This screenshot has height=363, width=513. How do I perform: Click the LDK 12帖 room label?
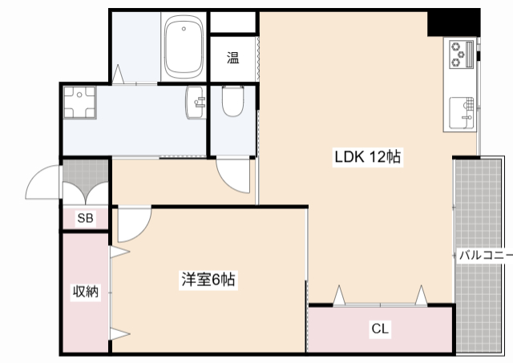click(x=366, y=158)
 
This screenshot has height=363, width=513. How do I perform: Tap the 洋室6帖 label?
click(x=208, y=280)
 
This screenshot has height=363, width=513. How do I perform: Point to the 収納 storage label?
click(x=86, y=292)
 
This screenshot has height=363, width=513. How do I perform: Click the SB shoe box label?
click(x=85, y=218)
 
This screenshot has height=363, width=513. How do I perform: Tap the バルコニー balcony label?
click(x=484, y=256)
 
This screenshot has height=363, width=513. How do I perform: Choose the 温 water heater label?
click(x=232, y=57)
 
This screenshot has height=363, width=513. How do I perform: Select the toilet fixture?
click(x=232, y=102)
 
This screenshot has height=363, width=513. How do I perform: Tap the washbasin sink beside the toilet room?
click(x=196, y=103)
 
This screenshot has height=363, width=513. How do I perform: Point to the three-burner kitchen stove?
click(x=461, y=54)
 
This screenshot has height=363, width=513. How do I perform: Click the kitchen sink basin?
click(x=463, y=112)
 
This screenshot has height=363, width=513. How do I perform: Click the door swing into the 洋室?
click(x=132, y=224)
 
